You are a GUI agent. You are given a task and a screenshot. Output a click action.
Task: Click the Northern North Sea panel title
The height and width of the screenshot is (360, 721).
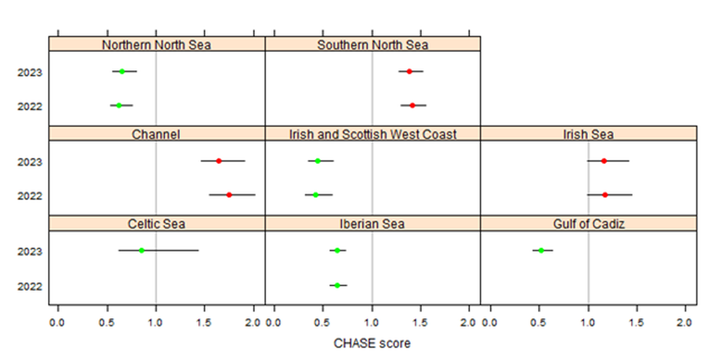point(157,44)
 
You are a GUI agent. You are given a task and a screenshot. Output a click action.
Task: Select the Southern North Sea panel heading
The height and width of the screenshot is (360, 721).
point(372,44)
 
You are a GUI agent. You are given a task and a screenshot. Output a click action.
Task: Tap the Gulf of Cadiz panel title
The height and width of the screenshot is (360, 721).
point(589,224)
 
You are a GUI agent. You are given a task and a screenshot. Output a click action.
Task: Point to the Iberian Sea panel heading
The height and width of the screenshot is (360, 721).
point(372,224)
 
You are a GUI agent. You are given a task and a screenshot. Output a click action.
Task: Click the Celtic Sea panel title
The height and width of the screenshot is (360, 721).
point(157,224)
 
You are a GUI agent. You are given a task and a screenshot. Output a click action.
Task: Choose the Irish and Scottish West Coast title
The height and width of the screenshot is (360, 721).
point(372,134)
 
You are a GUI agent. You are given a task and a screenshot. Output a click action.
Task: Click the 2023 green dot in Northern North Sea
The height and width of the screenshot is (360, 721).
point(121,72)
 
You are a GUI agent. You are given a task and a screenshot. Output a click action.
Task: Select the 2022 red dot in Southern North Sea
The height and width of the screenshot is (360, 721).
point(412,105)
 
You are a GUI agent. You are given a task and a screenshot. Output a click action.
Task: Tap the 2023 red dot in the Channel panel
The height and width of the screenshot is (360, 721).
point(219,161)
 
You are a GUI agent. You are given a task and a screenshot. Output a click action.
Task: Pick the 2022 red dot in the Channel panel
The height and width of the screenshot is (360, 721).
point(229,195)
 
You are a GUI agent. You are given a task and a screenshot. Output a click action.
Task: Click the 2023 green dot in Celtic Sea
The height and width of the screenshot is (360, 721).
point(142,250)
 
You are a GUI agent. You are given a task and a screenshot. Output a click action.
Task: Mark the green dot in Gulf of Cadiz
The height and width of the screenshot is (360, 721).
point(541,250)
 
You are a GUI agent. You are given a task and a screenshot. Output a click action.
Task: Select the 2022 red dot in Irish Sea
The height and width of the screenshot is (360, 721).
point(605,195)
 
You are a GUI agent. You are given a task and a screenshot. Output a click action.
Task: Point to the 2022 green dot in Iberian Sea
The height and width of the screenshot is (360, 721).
point(337,285)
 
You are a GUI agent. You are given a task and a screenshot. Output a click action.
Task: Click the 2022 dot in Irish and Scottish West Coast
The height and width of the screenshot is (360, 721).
point(316,195)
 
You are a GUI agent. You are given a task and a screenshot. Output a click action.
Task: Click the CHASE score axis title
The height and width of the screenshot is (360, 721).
point(372,343)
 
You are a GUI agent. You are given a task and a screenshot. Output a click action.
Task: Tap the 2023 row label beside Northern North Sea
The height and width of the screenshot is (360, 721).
point(30,72)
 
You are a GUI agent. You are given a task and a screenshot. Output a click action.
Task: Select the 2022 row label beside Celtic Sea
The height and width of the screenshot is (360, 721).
point(30,286)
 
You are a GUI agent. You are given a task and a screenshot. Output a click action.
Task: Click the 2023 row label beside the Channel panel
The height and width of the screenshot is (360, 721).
point(30,162)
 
